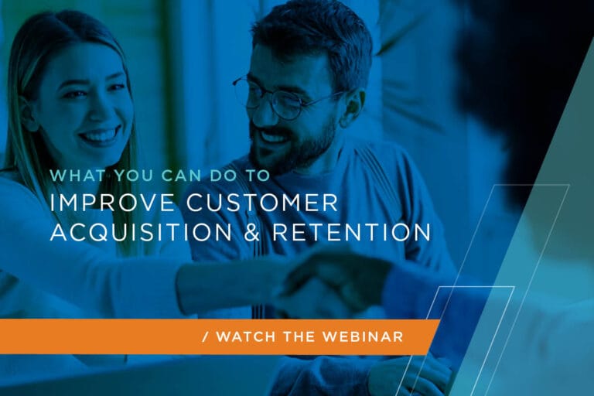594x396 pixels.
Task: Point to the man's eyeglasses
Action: (x=278, y=98)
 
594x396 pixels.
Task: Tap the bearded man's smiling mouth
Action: (x=272, y=138)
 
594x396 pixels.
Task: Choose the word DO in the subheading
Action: (x=210, y=176)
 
